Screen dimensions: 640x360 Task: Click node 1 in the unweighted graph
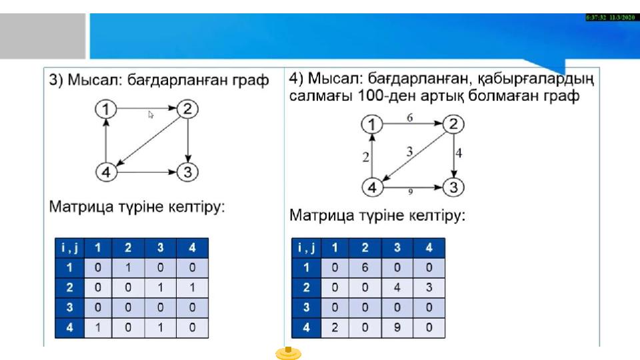106,109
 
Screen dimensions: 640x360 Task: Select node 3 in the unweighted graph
187,172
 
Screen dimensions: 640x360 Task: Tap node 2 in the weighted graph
453,124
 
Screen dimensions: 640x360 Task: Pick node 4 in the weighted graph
372,187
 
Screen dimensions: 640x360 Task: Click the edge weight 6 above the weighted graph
409,117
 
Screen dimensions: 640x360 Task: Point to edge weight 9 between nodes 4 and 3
410,191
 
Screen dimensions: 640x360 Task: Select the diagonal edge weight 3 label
409,151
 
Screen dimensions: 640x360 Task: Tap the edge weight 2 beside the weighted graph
365,157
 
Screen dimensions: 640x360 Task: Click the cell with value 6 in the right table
365,268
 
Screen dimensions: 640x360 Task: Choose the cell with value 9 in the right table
397,327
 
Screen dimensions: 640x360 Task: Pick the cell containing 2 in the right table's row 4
335,327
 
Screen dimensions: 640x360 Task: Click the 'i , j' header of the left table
69,248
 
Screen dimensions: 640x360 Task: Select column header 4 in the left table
192,248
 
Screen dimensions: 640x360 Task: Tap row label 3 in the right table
306,307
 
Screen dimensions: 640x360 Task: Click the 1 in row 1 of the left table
128,268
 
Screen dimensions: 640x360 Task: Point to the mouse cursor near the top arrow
151,115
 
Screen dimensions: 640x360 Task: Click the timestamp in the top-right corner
610,17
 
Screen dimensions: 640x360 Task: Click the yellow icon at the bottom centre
288,353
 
